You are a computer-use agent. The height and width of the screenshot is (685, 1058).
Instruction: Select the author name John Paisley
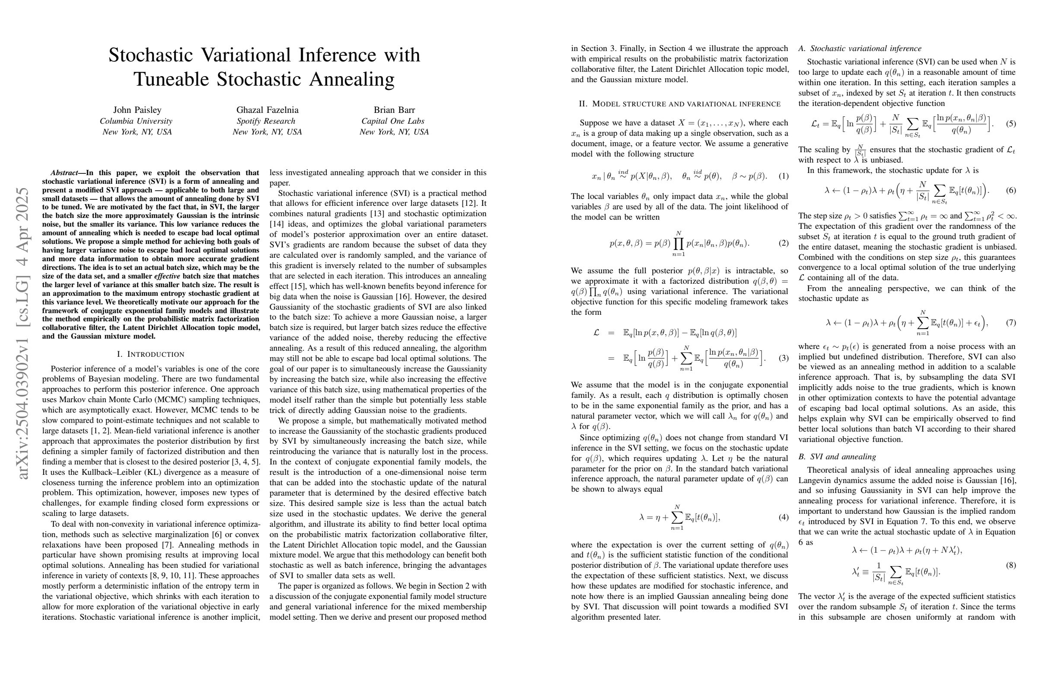[x=137, y=110]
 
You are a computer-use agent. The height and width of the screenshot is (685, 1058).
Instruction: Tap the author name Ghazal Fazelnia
[x=267, y=110]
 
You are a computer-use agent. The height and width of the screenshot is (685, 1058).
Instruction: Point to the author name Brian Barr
[x=394, y=110]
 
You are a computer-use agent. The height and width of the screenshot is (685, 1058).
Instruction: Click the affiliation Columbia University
[x=136, y=121]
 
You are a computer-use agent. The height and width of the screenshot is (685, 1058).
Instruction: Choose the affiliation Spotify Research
[x=266, y=121]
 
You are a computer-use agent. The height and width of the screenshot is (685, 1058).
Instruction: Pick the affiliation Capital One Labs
[x=392, y=121]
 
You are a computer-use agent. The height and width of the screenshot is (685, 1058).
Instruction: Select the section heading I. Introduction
[x=150, y=354]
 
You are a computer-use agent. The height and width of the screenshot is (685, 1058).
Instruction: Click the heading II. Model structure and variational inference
[x=679, y=104]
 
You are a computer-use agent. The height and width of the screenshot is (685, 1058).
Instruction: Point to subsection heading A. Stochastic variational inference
[x=860, y=48]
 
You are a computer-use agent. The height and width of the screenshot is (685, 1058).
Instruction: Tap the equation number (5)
[x=1010, y=124]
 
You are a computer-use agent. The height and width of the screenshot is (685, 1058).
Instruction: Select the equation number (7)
[x=1010, y=323]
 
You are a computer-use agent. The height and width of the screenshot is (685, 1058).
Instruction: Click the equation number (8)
[x=1010, y=565]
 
